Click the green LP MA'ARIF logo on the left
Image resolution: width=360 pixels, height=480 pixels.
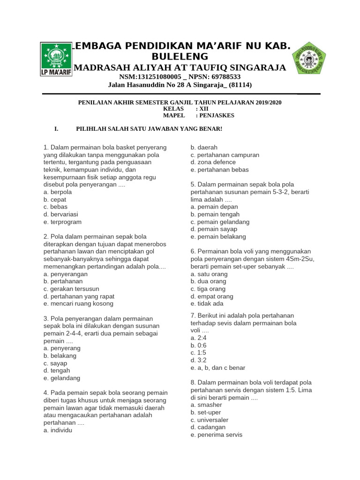[55, 60]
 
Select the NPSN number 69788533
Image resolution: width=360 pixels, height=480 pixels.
[219, 77]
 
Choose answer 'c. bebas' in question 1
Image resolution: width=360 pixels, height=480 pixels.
[55, 207]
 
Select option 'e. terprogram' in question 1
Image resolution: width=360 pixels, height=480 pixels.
[62, 222]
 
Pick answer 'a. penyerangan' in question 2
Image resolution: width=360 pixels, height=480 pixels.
[65, 274]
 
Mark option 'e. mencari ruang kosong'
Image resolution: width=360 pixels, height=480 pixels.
[79, 304]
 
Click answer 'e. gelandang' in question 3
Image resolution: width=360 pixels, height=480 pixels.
[61, 378]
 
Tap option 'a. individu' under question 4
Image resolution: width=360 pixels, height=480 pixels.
[58, 430]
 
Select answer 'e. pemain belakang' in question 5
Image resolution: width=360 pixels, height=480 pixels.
[218, 237]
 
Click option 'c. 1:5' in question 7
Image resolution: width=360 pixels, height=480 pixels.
[198, 352]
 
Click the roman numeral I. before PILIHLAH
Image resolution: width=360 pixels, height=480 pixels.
[56, 128]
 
